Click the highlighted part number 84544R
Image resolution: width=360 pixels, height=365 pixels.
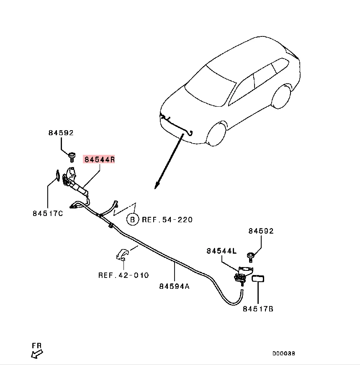99,159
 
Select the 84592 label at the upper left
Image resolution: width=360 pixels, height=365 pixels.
61,133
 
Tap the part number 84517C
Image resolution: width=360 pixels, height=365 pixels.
47,213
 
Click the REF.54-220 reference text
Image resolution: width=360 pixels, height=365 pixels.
167,219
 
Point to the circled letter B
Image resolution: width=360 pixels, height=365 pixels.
133,219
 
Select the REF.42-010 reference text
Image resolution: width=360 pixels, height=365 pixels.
123,275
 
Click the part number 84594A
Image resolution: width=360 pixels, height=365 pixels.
174,286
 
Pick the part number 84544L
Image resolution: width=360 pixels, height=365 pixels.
221,251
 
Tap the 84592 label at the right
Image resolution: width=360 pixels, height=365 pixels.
261,231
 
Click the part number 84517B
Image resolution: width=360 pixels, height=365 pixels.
258,309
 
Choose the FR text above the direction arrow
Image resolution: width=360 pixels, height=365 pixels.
37,346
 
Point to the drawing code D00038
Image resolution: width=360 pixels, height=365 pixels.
284,353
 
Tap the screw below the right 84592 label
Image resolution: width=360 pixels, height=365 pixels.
251,255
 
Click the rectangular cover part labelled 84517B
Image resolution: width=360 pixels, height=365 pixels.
258,279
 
